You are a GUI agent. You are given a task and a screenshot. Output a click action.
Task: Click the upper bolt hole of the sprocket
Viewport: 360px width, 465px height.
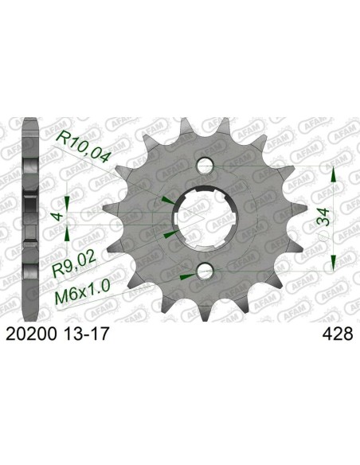[x=204, y=166]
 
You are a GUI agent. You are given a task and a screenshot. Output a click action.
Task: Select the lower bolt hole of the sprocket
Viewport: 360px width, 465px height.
[x=204, y=272]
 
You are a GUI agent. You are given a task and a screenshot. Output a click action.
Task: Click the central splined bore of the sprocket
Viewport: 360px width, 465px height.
[x=204, y=219]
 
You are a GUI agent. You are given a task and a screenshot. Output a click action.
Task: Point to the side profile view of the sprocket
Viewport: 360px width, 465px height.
[x=29, y=219]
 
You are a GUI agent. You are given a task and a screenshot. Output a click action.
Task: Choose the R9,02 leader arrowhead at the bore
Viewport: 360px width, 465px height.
[x=167, y=236]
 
